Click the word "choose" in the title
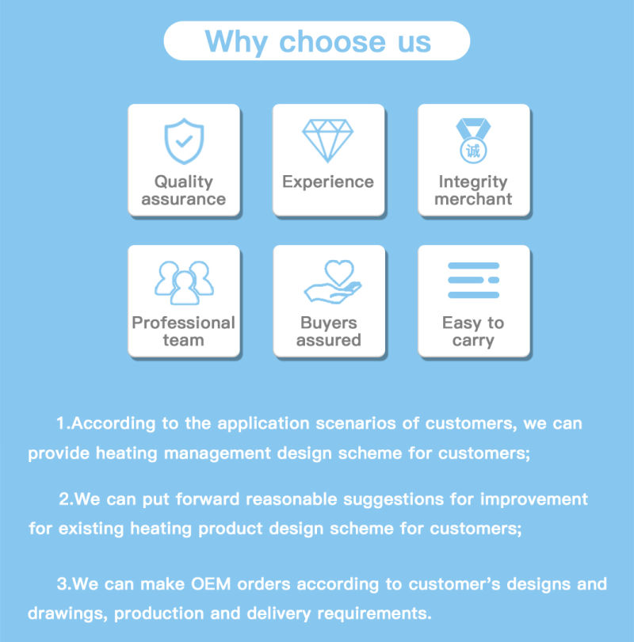(332, 41)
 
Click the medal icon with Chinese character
(473, 140)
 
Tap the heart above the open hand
(339, 273)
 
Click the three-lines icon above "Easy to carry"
(474, 280)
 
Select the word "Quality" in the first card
(183, 182)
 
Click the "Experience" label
(328, 182)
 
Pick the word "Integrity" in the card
(473, 182)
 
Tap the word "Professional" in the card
(183, 323)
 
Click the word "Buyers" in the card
(329, 323)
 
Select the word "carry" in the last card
(473, 341)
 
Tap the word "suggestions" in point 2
(393, 500)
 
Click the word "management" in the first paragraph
(217, 454)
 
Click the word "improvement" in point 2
(533, 500)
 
